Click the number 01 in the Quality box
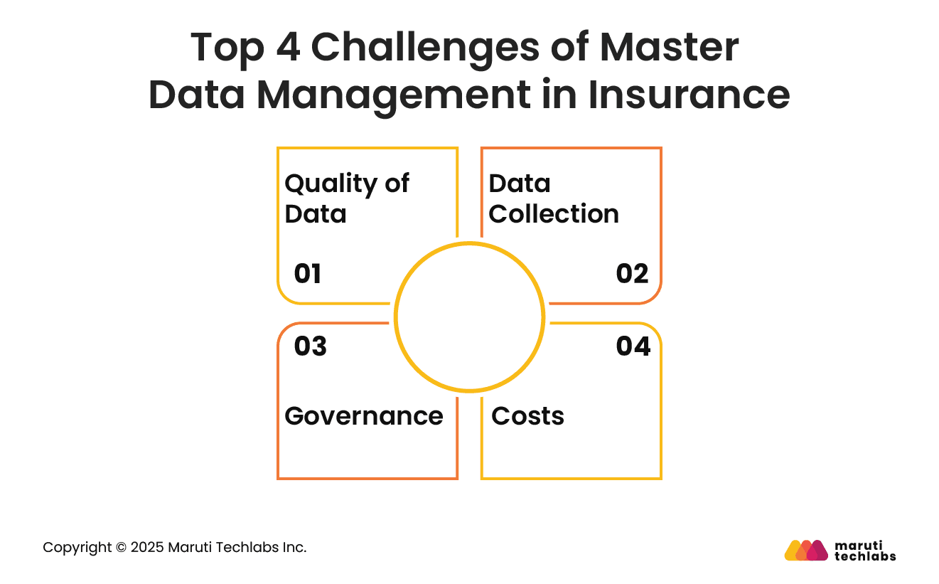pyautogui.click(x=307, y=274)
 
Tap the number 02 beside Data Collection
pyautogui.click(x=632, y=274)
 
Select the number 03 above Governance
pyautogui.click(x=310, y=346)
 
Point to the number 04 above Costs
pyautogui.click(x=633, y=346)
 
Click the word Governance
pyautogui.click(x=364, y=416)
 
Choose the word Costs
pyautogui.click(x=527, y=416)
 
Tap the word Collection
pyautogui.click(x=554, y=214)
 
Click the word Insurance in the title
pyautogui.click(x=689, y=95)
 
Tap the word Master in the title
pyautogui.click(x=670, y=48)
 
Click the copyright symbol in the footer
pyautogui.click(x=121, y=548)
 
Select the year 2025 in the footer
pyautogui.click(x=147, y=548)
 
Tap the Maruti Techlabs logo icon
pyautogui.click(x=806, y=551)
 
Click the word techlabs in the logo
pyautogui.click(x=865, y=556)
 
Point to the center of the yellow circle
pyautogui.click(x=469, y=317)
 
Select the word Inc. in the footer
pyautogui.click(x=295, y=548)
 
